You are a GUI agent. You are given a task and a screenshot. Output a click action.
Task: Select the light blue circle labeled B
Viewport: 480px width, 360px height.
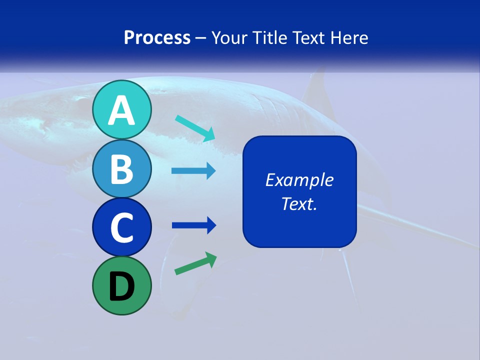pos(121,169)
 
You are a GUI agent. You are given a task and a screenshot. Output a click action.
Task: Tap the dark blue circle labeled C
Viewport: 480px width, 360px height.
pos(121,227)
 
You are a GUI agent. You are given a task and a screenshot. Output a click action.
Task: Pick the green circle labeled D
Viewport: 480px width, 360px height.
pos(121,286)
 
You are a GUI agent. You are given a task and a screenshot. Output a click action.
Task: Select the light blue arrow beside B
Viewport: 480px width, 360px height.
pos(193,171)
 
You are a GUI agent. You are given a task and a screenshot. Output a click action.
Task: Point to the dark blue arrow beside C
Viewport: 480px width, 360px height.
pos(193,225)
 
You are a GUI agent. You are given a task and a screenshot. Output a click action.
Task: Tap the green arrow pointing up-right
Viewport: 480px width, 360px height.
pos(195,263)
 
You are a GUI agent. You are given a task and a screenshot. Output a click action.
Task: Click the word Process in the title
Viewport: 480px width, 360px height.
pos(157,37)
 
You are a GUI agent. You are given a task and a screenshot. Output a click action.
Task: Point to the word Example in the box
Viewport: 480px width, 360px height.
pos(299,180)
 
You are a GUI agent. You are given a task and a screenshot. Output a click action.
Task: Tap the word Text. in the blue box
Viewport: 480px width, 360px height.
pos(299,204)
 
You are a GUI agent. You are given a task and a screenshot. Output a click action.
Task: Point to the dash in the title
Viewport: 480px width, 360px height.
pos(201,38)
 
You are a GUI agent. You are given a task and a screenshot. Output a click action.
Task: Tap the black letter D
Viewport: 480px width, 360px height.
pos(121,287)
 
